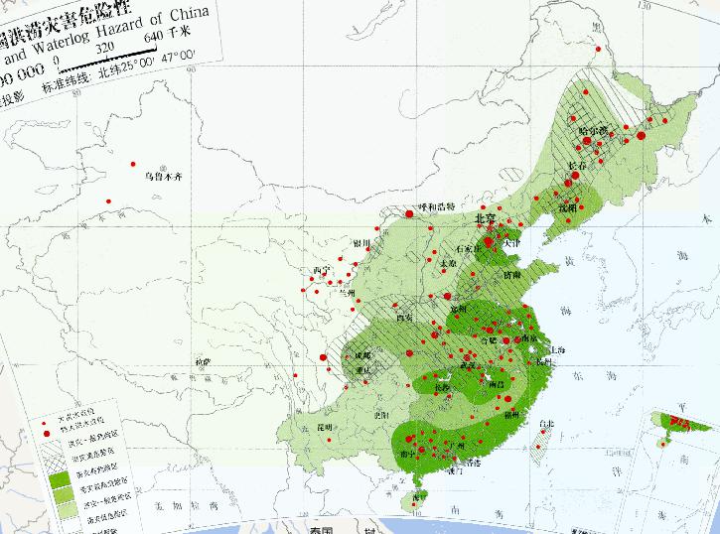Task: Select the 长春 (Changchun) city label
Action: [x=576, y=167]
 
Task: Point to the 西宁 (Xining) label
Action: [x=320, y=270]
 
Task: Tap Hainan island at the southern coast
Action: [x=421, y=503]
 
